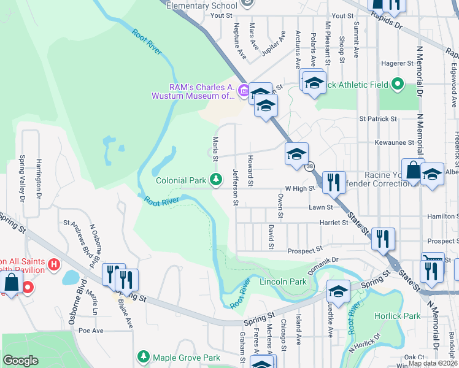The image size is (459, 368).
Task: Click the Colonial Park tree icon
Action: pyautogui.click(x=215, y=180)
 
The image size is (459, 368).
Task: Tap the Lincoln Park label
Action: pyautogui.click(x=283, y=282)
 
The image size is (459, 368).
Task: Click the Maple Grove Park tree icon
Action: pyautogui.click(x=144, y=356)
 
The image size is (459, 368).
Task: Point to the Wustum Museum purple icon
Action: pyautogui.click(x=243, y=91)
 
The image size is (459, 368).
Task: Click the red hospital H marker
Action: pyautogui.click(x=54, y=265)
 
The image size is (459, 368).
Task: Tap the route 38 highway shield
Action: pyautogui.click(x=310, y=166)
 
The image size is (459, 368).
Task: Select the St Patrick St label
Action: pyautogui.click(x=378, y=118)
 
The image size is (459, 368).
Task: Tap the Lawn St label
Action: pyautogui.click(x=320, y=207)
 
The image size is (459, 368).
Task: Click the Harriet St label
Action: pyautogui.click(x=337, y=223)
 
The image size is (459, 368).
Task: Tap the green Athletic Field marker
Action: pyautogui.click(x=398, y=83)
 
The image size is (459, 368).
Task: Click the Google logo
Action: pyautogui.click(x=21, y=361)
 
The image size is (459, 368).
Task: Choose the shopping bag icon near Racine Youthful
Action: pyautogui.click(x=413, y=171)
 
